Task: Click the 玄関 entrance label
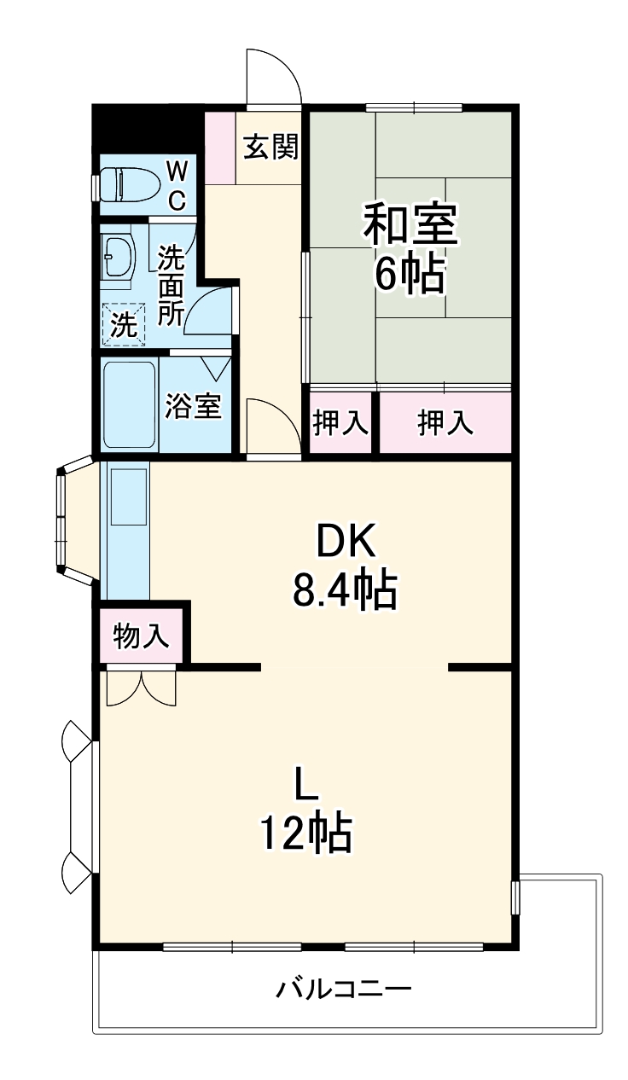click(x=271, y=148)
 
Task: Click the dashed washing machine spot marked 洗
click(x=123, y=324)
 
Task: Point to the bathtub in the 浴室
click(x=129, y=404)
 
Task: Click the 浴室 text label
click(x=194, y=406)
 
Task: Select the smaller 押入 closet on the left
click(x=340, y=423)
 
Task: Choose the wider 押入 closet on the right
click(x=445, y=423)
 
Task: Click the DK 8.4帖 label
click(x=345, y=564)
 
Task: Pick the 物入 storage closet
click(x=142, y=635)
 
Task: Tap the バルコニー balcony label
click(x=344, y=990)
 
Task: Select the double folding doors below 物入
click(x=142, y=687)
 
